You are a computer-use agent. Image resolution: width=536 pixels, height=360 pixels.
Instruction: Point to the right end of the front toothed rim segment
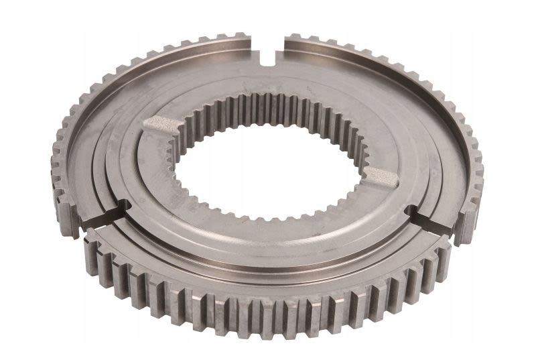coord(446,251)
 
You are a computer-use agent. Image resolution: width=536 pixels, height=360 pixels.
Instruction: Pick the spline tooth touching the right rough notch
coord(365,176)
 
